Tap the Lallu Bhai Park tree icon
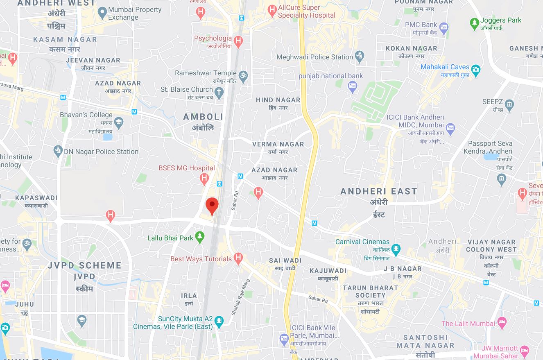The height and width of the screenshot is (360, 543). [199, 237]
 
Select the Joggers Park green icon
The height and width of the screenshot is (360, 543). [474, 24]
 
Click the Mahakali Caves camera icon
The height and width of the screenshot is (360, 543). [475, 70]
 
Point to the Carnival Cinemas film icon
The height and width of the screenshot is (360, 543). [396, 248]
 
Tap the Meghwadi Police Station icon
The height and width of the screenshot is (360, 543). [360, 57]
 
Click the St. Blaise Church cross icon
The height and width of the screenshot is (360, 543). [219, 93]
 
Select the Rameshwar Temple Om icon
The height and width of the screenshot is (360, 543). [243, 77]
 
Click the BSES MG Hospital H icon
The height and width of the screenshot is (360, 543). [204, 179]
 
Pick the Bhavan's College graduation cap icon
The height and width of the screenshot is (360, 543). [119, 122]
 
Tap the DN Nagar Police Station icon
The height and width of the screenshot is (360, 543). [58, 151]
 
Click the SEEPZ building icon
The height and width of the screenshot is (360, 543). [509, 105]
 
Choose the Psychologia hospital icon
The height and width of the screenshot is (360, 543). [238, 41]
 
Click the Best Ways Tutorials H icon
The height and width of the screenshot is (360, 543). [238, 258]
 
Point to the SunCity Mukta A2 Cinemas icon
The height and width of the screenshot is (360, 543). [219, 322]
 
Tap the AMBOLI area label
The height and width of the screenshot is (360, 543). [203, 117]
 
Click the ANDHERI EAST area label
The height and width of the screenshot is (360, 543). [378, 191]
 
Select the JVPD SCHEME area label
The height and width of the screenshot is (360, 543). [84, 265]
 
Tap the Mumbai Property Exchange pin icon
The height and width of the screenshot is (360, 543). [103, 13]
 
